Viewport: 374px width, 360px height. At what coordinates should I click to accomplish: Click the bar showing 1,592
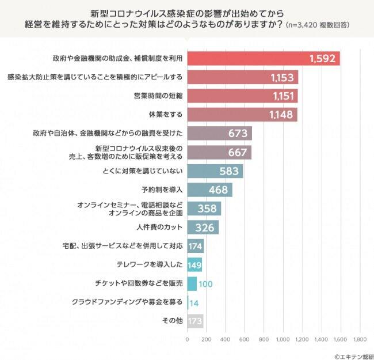[264, 58]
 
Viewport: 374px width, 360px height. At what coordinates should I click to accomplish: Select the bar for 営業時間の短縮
[242, 96]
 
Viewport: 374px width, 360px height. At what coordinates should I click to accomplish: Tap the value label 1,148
[282, 115]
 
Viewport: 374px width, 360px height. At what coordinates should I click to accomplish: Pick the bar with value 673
[219, 134]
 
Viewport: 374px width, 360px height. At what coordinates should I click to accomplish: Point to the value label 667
[237, 153]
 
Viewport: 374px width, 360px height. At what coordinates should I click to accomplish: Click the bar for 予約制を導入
[209, 190]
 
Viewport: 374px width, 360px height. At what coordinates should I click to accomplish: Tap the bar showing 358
[204, 209]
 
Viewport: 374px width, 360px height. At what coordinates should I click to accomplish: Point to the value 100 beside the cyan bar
[206, 283]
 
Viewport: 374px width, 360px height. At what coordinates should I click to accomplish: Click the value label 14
[194, 302]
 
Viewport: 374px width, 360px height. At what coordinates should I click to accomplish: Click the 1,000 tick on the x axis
[283, 340]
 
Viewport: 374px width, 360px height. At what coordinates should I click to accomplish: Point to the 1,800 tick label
[360, 340]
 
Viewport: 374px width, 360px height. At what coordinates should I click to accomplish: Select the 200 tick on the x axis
[207, 340]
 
